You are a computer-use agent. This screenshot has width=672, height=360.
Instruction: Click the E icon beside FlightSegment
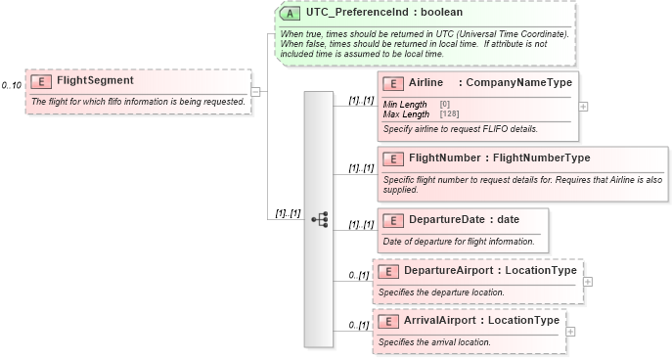42,81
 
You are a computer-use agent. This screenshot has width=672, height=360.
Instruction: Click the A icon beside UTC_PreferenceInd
291,14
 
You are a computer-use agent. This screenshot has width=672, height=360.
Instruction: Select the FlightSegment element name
95,81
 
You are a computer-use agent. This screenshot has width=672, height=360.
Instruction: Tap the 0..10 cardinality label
12,86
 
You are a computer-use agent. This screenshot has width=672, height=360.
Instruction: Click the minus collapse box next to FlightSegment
255,92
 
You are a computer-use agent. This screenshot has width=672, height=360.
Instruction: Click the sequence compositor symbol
319,219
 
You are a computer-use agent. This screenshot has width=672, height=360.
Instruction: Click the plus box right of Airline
584,107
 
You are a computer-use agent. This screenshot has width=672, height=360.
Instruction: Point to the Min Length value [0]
444,104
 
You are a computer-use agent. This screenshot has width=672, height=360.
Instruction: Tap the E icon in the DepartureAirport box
388,271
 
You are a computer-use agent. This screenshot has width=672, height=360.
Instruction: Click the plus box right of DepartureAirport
588,282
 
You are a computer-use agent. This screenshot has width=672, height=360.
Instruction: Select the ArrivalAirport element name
440,321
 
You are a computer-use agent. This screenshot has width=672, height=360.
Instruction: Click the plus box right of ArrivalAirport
571,332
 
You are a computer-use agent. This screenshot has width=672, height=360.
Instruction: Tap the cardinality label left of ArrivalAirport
358,326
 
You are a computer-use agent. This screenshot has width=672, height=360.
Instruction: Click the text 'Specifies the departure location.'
441,292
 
